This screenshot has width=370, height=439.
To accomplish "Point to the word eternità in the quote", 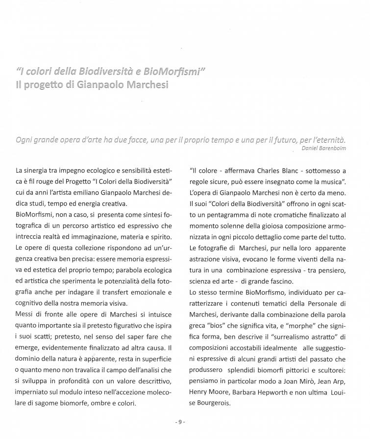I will point(330,139).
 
